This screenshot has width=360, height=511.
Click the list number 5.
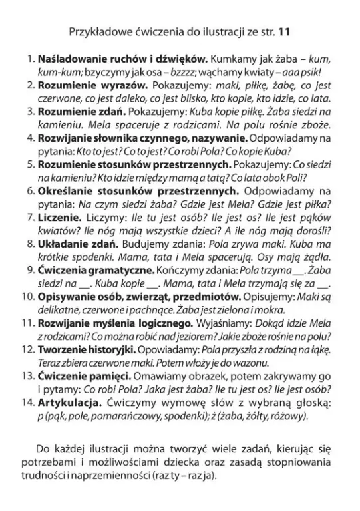(29, 164)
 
